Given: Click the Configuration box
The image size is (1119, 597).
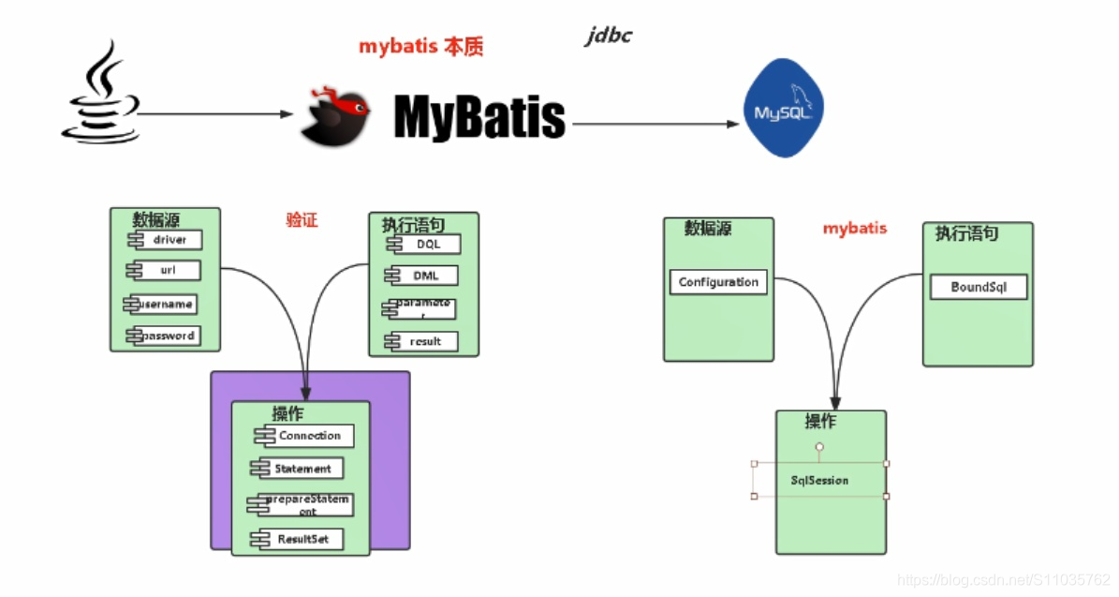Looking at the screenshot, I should coord(718,282).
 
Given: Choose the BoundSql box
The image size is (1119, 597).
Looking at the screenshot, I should coord(978,287).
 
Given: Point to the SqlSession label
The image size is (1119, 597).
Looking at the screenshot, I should coord(819,480).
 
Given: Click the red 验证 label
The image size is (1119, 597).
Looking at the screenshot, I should coord(302,220).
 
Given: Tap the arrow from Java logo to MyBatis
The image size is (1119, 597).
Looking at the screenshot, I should coord(215,114).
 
